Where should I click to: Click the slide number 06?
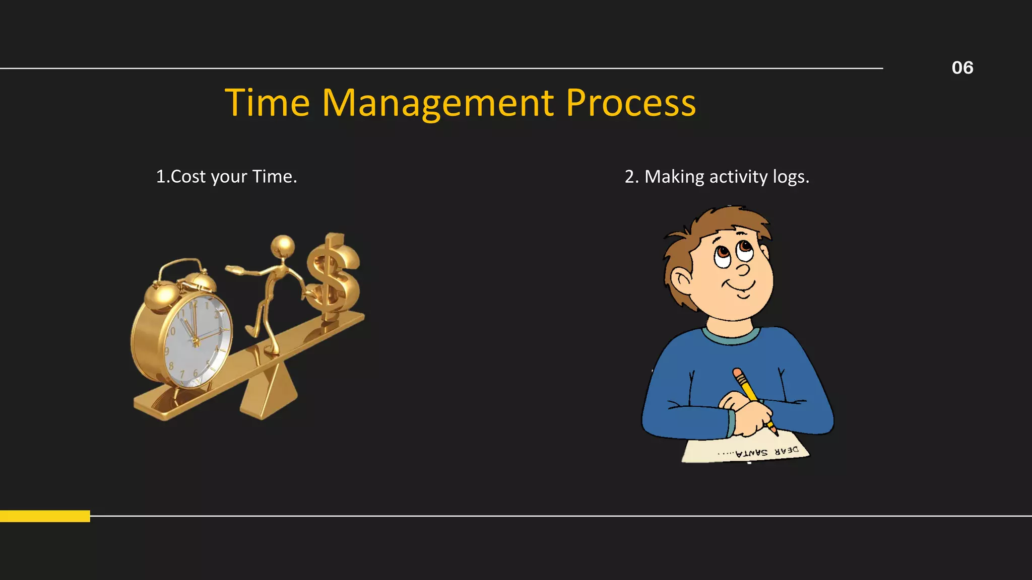[x=962, y=68]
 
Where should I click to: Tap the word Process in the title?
[x=630, y=103]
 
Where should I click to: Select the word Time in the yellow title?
[x=267, y=103]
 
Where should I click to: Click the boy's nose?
[x=743, y=270]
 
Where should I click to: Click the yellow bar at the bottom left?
[x=45, y=516]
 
